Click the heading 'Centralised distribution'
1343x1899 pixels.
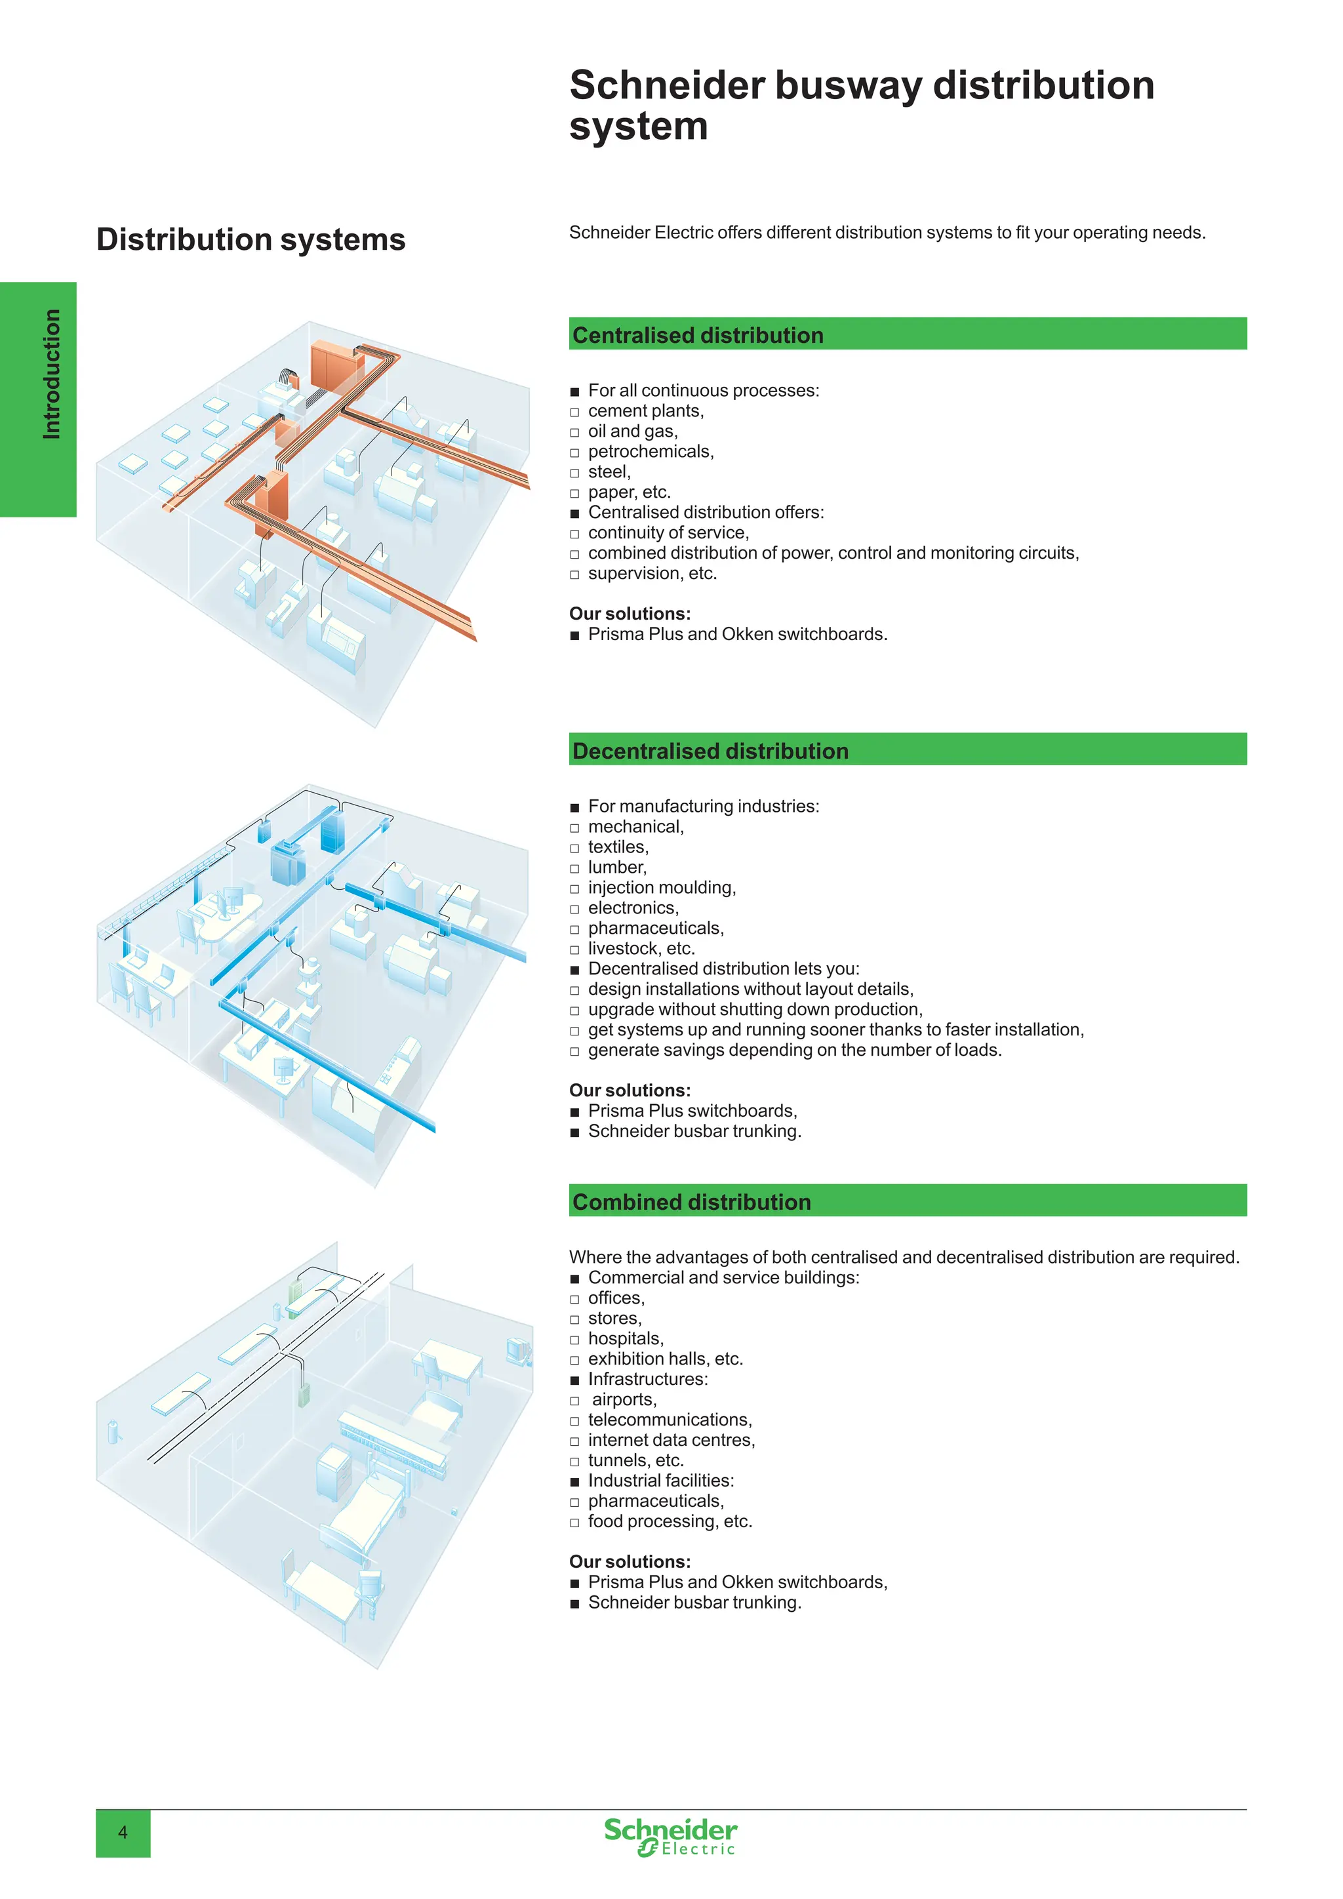(697, 335)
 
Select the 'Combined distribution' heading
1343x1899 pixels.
(691, 1202)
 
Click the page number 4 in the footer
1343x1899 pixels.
(123, 1833)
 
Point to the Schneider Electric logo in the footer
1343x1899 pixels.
(670, 1837)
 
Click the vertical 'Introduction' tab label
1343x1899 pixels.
(51, 374)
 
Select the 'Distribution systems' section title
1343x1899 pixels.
(251, 239)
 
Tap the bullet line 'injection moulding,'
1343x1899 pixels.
(662, 887)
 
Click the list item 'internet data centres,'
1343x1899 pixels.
(671, 1440)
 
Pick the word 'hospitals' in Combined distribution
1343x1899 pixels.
(624, 1338)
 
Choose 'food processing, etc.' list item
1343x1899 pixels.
(670, 1521)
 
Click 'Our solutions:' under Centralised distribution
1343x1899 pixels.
(630, 614)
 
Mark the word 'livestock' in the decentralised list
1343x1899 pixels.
(625, 949)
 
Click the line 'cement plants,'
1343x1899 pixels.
(646, 411)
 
